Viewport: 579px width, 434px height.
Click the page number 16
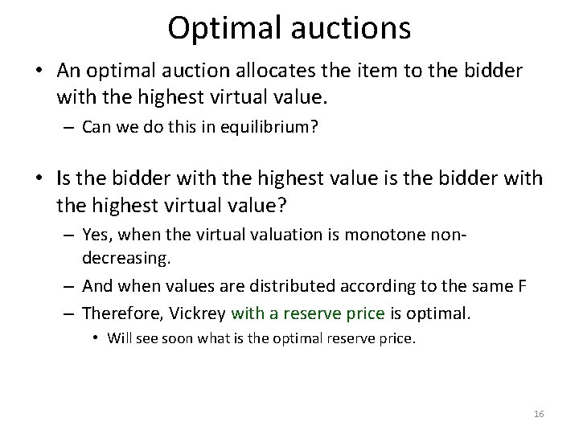(539, 413)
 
